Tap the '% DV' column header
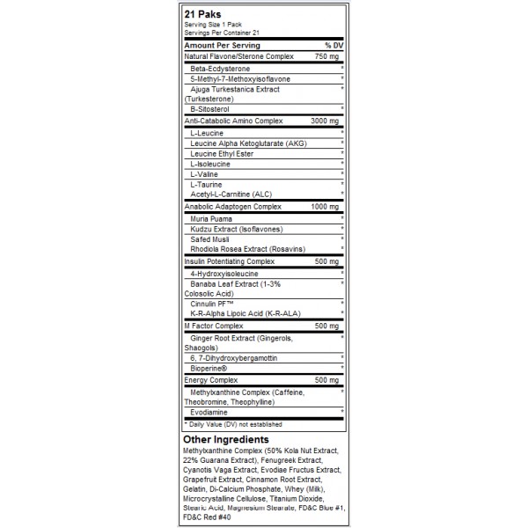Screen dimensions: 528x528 (x=333, y=44)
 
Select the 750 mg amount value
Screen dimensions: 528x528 (x=326, y=56)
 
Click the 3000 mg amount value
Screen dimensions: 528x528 (x=325, y=120)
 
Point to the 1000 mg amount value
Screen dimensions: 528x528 (x=325, y=205)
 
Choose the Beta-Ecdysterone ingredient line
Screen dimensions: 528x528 (x=220, y=68)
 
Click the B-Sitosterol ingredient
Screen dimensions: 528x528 (x=209, y=109)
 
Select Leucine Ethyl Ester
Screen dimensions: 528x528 (x=222, y=152)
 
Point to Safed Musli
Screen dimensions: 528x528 (x=211, y=238)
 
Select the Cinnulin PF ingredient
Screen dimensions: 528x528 (x=213, y=304)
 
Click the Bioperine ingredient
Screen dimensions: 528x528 (x=211, y=368)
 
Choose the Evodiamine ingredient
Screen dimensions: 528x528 (x=210, y=411)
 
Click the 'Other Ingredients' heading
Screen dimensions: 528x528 (x=226, y=439)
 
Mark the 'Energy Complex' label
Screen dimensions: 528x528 (x=211, y=379)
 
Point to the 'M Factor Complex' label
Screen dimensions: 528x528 (x=214, y=326)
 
